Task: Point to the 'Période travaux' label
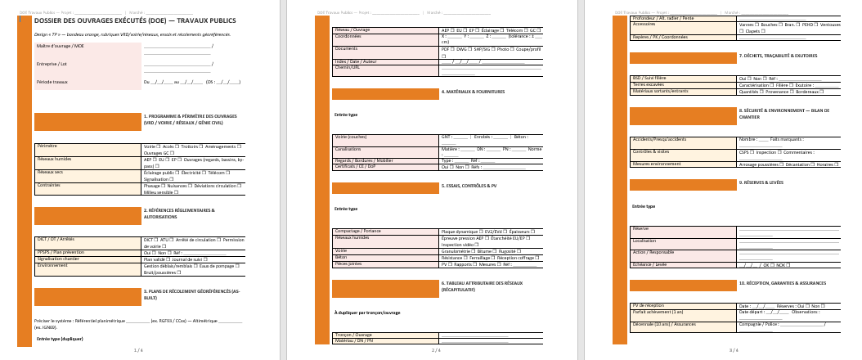pos(52,83)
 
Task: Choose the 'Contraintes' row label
pos(48,186)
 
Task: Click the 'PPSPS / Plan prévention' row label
pos(61,253)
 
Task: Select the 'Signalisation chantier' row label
pos(59,259)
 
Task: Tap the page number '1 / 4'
pos(138,350)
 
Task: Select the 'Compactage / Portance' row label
pos(357,232)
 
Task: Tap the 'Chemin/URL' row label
pos(348,66)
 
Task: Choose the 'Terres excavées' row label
pos(649,84)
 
